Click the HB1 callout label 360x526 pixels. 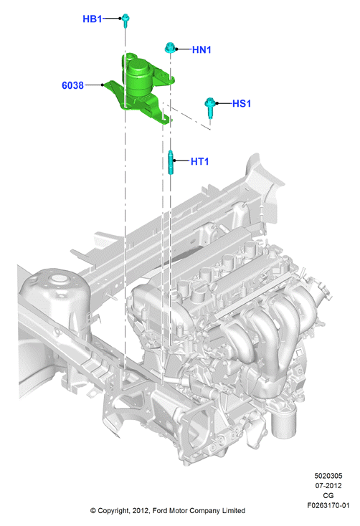(x=92, y=19)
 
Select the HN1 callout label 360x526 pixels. (x=202, y=49)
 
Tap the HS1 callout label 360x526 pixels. (x=242, y=103)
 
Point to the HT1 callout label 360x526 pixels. (x=199, y=161)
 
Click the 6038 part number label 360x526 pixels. (x=72, y=85)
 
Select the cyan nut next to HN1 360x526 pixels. (x=170, y=47)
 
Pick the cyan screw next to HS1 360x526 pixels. (x=210, y=107)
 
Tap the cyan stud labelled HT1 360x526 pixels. (x=171, y=163)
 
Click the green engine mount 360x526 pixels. (x=139, y=89)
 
